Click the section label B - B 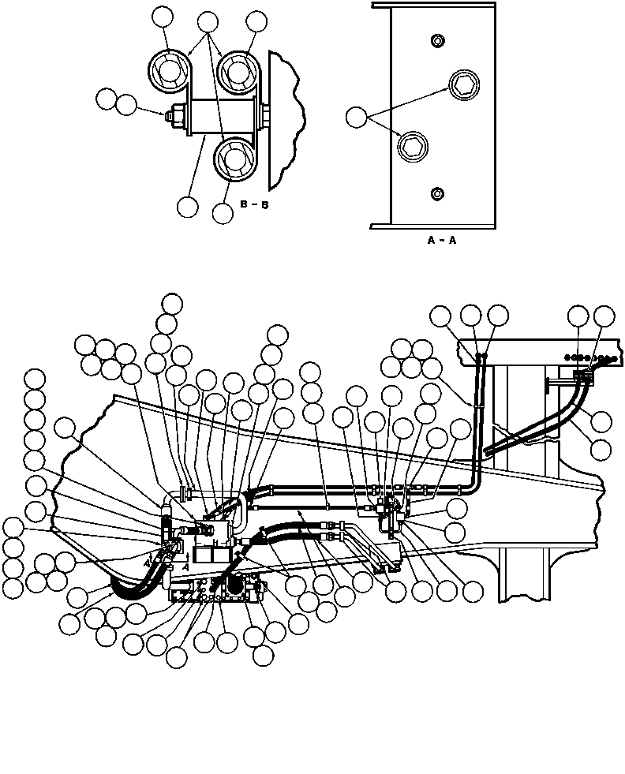coord(253,205)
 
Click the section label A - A coord(442,241)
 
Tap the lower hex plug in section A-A coord(411,145)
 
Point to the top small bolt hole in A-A coord(436,40)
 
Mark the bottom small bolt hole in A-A coord(436,193)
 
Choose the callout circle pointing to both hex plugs coord(357,118)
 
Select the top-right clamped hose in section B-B coord(238,73)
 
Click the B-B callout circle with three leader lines coord(208,22)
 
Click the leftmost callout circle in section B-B coord(106,99)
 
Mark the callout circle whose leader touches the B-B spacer coord(188,206)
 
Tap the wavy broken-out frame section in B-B coord(286,118)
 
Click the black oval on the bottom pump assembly coord(234,587)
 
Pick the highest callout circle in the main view coord(171,303)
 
